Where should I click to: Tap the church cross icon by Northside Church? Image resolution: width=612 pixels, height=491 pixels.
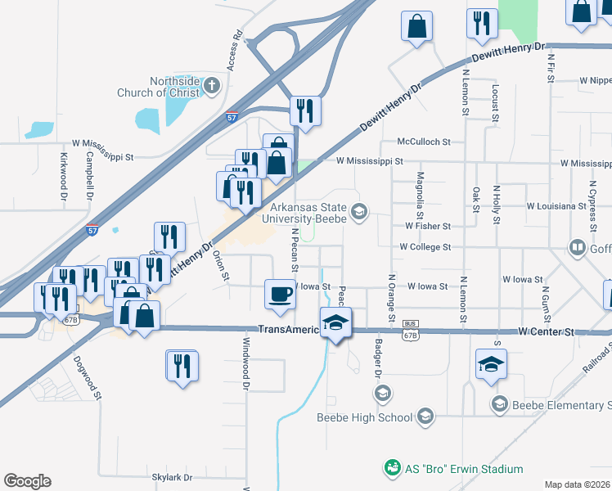[x=212, y=84]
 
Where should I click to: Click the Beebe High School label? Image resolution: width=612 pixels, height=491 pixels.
[x=365, y=417]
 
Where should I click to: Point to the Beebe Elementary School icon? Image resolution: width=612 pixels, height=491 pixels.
[x=499, y=404]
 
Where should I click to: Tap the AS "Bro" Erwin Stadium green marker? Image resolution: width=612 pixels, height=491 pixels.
[x=392, y=469]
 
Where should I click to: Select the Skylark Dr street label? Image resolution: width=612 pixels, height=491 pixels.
[x=172, y=477]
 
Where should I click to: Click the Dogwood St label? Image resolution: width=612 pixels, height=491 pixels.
[x=86, y=377]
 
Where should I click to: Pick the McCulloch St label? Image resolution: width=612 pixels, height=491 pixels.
[x=424, y=142]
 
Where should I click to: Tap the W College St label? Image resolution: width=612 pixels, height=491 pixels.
[x=425, y=246]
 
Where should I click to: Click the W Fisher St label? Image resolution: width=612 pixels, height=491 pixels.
[x=428, y=226]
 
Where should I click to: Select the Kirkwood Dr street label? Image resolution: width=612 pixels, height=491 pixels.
[x=64, y=175]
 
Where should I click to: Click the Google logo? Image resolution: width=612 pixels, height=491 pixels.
[x=28, y=481]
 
